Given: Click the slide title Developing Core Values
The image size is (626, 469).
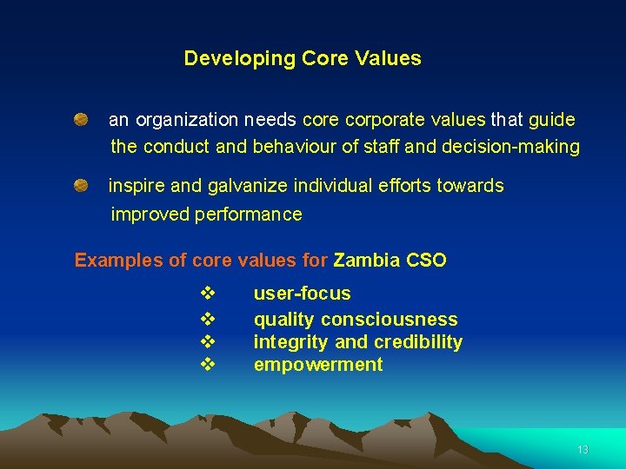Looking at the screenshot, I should [x=303, y=59].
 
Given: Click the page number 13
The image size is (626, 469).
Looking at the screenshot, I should [x=583, y=450].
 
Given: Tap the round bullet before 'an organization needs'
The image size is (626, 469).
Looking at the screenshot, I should [x=80, y=118].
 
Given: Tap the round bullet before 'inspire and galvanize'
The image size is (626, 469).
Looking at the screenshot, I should [x=80, y=185].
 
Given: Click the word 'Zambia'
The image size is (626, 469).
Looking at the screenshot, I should [x=367, y=261].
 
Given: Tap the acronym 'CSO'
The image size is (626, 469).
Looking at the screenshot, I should [x=426, y=261].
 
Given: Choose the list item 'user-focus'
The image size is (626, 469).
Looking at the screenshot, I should [x=302, y=294].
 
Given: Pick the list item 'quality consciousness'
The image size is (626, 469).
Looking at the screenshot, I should [x=355, y=320].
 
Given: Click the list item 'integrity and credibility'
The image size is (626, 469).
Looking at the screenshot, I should [x=357, y=342].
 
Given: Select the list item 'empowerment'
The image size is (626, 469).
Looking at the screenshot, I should [x=317, y=365].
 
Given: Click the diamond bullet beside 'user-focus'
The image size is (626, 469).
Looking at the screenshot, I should [x=207, y=294].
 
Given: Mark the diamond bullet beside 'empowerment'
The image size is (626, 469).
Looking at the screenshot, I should [x=207, y=365].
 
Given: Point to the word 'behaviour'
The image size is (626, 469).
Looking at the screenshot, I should [x=293, y=147].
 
